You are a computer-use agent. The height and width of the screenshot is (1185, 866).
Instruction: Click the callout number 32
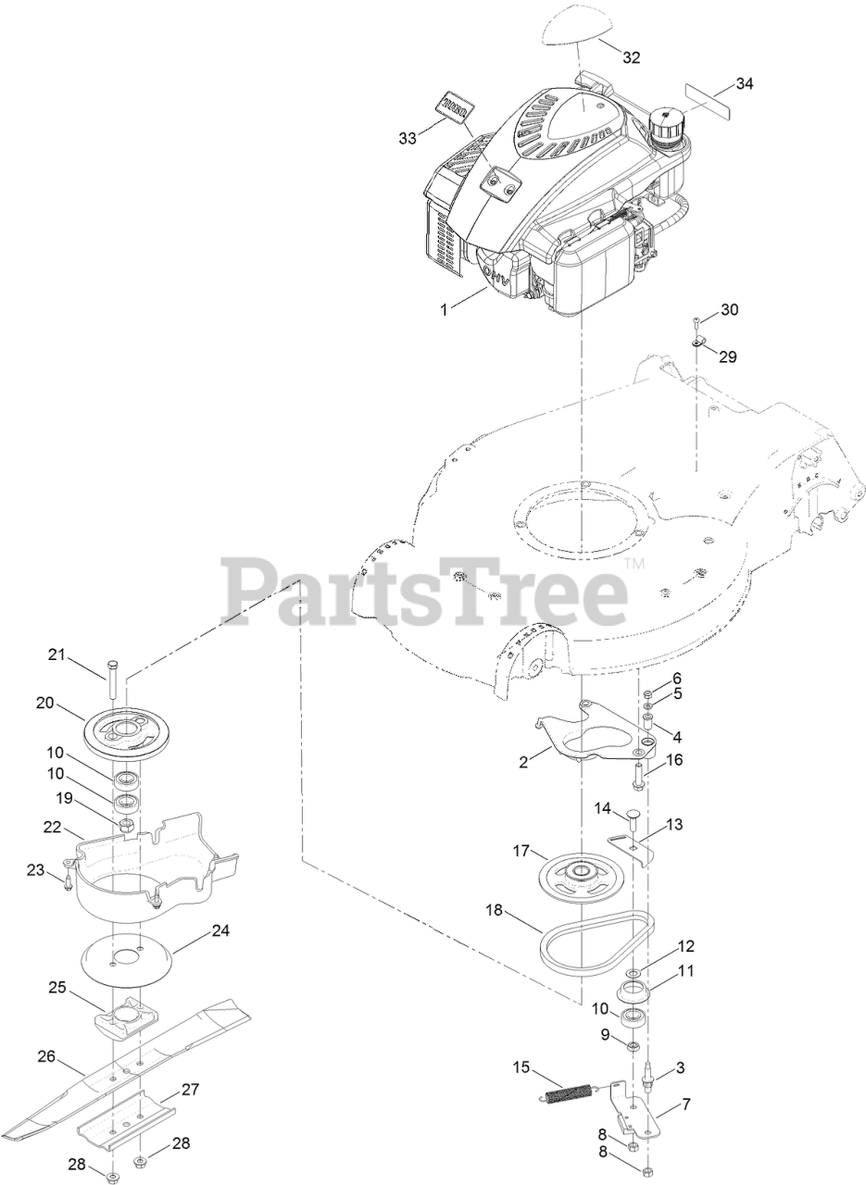631,57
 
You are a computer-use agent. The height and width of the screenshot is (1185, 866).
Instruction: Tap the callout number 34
744,83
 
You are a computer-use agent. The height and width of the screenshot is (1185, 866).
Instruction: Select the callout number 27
190,1090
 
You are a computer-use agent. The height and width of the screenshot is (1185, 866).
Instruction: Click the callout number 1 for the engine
445,309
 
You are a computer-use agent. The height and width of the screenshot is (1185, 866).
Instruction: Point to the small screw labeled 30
697,324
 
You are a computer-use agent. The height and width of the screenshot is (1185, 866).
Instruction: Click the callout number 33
407,138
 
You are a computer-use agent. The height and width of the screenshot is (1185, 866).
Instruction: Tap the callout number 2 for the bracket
523,762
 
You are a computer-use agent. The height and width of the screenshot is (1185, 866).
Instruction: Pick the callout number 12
685,946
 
